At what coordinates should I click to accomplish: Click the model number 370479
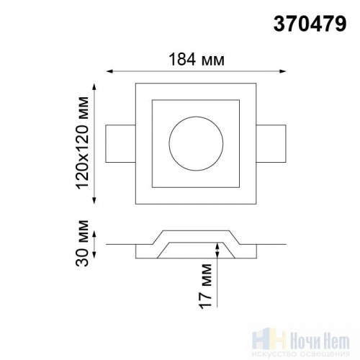(310, 24)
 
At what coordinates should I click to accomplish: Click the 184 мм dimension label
(197, 60)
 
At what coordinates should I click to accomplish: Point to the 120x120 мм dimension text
(82, 143)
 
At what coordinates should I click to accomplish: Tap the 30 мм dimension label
(82, 243)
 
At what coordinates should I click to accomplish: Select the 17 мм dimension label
(205, 287)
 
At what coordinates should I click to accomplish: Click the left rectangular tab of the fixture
(120, 143)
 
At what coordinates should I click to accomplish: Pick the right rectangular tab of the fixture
(271, 143)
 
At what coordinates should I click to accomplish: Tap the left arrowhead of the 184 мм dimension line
(109, 71)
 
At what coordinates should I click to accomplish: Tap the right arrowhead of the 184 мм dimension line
(283, 71)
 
